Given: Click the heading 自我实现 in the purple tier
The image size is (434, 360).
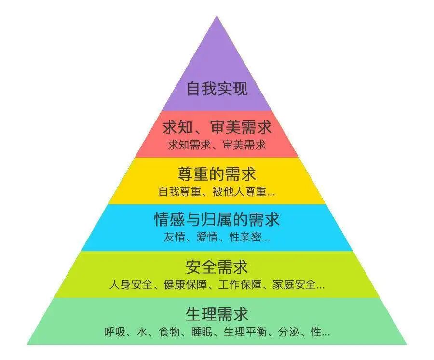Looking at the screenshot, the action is [x=217, y=89].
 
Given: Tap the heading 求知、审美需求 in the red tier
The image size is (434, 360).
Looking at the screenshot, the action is [x=217, y=128].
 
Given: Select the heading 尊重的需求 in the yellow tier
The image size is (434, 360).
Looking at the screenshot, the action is [x=217, y=174].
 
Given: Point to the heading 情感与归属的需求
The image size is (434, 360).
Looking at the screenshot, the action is [x=217, y=220].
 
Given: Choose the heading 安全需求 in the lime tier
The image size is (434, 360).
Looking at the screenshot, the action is [x=217, y=267].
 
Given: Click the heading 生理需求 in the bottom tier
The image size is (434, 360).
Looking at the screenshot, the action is [x=217, y=314].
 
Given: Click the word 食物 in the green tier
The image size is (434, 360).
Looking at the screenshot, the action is [x=169, y=332].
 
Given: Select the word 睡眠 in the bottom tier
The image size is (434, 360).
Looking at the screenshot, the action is [x=200, y=332].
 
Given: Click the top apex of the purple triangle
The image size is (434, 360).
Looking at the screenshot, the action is [x=217, y=17].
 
